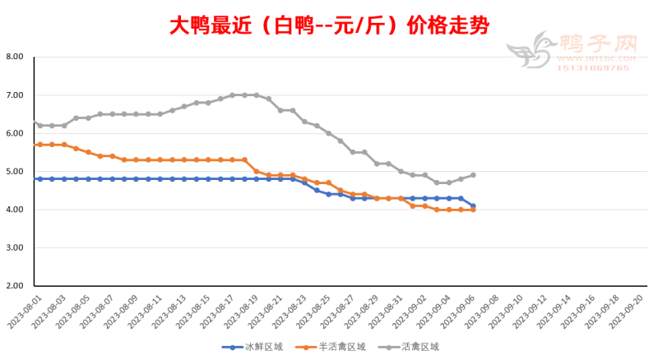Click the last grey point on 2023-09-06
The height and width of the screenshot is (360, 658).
coord(473,175)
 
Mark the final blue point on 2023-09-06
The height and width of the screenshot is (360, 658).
coord(473,205)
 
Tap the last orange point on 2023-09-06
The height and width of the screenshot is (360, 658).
coord(473,210)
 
